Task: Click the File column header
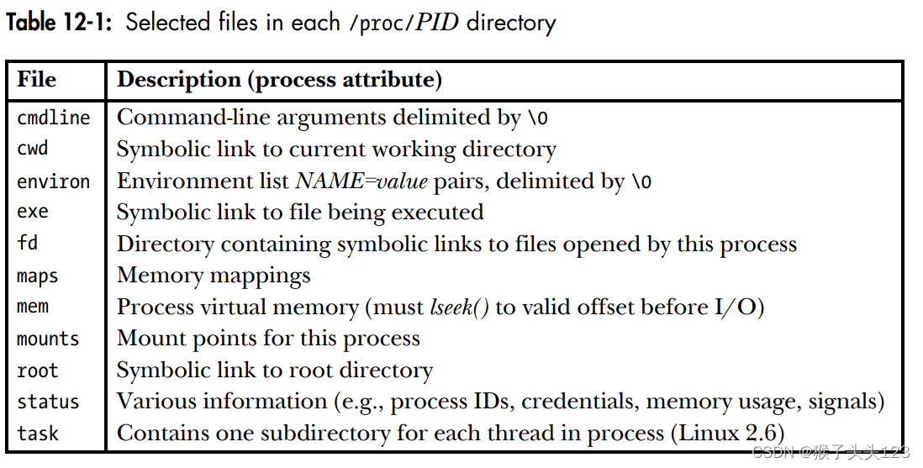click(x=37, y=80)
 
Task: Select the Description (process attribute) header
click(x=279, y=80)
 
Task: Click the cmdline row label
click(x=53, y=118)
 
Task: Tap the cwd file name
click(x=33, y=149)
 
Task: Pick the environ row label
click(x=53, y=181)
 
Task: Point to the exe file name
click(x=33, y=212)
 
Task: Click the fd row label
click(x=28, y=244)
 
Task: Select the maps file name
click(x=38, y=276)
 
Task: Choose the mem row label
click(x=33, y=307)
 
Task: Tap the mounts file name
click(x=48, y=339)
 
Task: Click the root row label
click(x=38, y=371)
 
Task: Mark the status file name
click(x=48, y=402)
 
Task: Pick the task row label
click(x=38, y=434)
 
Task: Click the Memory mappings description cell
click(x=214, y=276)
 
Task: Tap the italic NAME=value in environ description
click(x=361, y=181)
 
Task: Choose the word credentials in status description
click(x=578, y=402)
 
